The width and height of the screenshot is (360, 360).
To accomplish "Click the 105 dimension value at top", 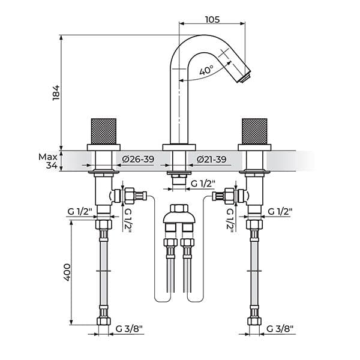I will pos(212,19).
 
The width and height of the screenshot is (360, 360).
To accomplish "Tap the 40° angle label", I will pos(206,70).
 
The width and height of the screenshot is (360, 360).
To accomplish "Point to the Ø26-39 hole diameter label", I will pos(137,159).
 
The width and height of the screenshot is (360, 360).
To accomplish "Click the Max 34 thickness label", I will pos(48,161).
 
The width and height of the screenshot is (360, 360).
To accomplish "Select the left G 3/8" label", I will pos(130,329).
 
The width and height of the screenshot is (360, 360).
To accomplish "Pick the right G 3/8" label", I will pos(280,329).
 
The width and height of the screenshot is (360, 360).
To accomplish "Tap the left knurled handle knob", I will pos(103,131).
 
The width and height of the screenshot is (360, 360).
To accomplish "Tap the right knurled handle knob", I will pos(254,131).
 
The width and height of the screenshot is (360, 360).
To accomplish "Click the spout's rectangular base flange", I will pos(179,147).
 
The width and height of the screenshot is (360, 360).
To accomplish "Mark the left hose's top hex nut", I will pos(104,226).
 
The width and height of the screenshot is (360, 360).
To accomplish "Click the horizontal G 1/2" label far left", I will pos(79,211).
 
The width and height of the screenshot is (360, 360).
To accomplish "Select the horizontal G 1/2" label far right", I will pos(280,211).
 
